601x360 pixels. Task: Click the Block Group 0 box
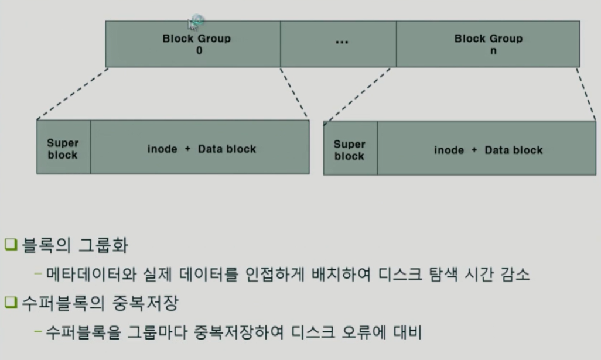(x=193, y=44)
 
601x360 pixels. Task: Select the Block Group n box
(x=488, y=44)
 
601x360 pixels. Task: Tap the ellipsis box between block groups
(x=338, y=44)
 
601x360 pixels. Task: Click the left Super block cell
(x=63, y=149)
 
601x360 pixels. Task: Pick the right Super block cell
(x=350, y=150)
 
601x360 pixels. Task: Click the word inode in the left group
(x=162, y=149)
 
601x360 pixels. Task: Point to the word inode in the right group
(x=449, y=150)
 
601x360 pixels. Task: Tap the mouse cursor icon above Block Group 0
(x=195, y=22)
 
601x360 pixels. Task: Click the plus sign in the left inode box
(x=187, y=149)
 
